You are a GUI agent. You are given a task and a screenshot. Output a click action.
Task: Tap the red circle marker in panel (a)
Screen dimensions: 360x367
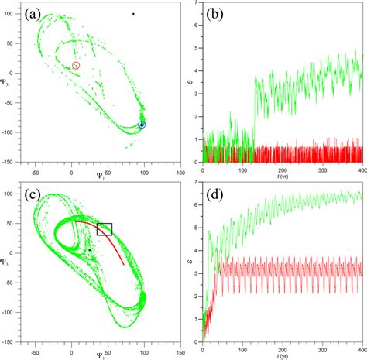76,66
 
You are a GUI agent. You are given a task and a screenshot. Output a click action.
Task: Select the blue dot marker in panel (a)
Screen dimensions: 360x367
142,125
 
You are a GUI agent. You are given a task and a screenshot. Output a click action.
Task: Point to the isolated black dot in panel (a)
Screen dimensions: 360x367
133,14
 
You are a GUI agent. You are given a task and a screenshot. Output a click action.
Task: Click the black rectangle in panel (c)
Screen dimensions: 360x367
105,229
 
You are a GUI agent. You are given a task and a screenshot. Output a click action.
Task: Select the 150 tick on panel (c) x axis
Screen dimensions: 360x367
179,348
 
